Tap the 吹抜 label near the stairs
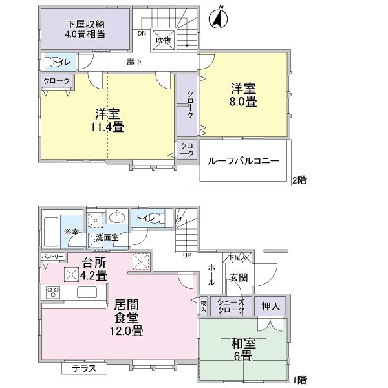162,40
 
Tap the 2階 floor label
299,180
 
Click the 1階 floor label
299,379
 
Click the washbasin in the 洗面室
117,218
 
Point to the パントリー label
53,257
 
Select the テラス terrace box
84,369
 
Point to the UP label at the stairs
188,255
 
